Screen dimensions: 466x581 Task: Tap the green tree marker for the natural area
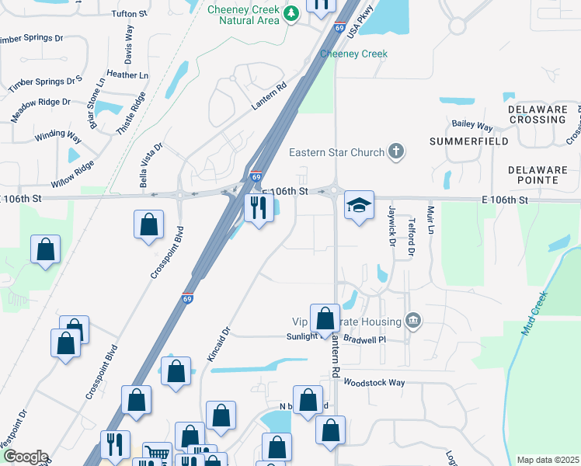pos(290,14)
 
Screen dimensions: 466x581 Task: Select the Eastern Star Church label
pos(336,152)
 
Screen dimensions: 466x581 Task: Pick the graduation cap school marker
pos(360,206)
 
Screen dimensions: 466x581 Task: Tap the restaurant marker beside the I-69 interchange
pos(258,207)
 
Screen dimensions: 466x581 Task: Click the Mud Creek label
pos(534,313)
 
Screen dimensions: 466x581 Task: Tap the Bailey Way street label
pos(473,126)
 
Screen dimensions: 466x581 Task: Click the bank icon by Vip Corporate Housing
pos(413,321)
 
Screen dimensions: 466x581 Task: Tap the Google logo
pos(26,457)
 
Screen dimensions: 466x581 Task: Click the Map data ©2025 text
pos(548,460)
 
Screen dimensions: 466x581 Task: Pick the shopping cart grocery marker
pos(157,454)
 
